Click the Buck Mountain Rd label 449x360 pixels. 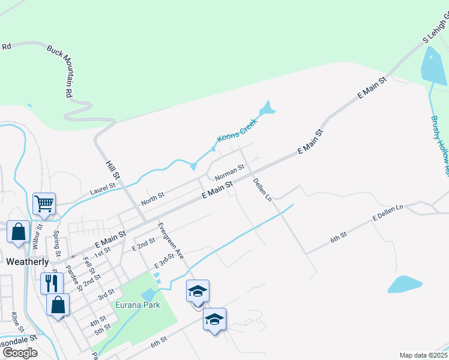click(60, 70)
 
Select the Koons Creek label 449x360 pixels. click(237, 130)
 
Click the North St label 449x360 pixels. click(152, 199)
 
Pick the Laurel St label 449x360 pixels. click(102, 189)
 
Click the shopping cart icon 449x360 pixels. click(44, 203)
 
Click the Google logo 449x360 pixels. click(20, 353)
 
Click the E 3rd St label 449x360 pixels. click(164, 261)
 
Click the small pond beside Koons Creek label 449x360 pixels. click(266, 109)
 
